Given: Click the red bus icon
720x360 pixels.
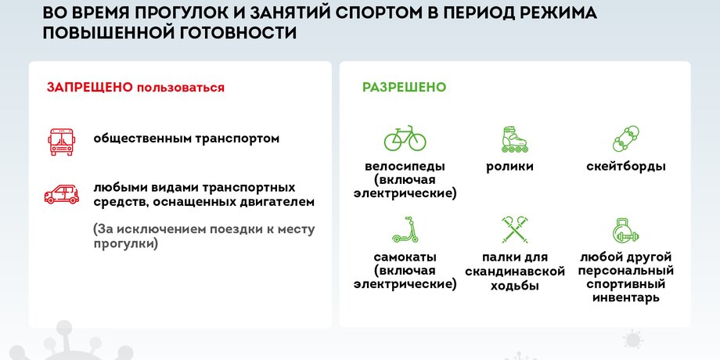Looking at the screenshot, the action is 62,142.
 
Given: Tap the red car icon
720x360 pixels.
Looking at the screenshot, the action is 62,195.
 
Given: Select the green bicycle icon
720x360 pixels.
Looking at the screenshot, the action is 405,139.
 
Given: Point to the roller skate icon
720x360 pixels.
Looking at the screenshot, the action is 514,139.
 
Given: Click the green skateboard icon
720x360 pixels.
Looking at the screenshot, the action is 626,139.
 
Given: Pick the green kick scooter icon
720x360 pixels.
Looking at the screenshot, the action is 405,229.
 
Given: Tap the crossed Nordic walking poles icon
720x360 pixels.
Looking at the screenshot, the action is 515,229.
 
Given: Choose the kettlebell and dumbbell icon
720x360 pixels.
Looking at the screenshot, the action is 626,230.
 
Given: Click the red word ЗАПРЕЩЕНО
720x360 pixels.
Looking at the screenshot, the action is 89,87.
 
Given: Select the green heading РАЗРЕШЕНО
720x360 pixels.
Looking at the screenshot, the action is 404,87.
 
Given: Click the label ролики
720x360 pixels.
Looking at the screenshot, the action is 510,167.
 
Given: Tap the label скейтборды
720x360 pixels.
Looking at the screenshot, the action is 626,167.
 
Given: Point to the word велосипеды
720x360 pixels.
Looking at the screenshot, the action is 405,166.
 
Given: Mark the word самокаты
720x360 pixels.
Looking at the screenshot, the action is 405,257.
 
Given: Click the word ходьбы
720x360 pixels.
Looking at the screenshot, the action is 515,286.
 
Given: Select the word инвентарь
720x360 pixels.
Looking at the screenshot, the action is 626,297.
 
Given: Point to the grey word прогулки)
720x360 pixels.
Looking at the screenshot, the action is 125,244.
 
